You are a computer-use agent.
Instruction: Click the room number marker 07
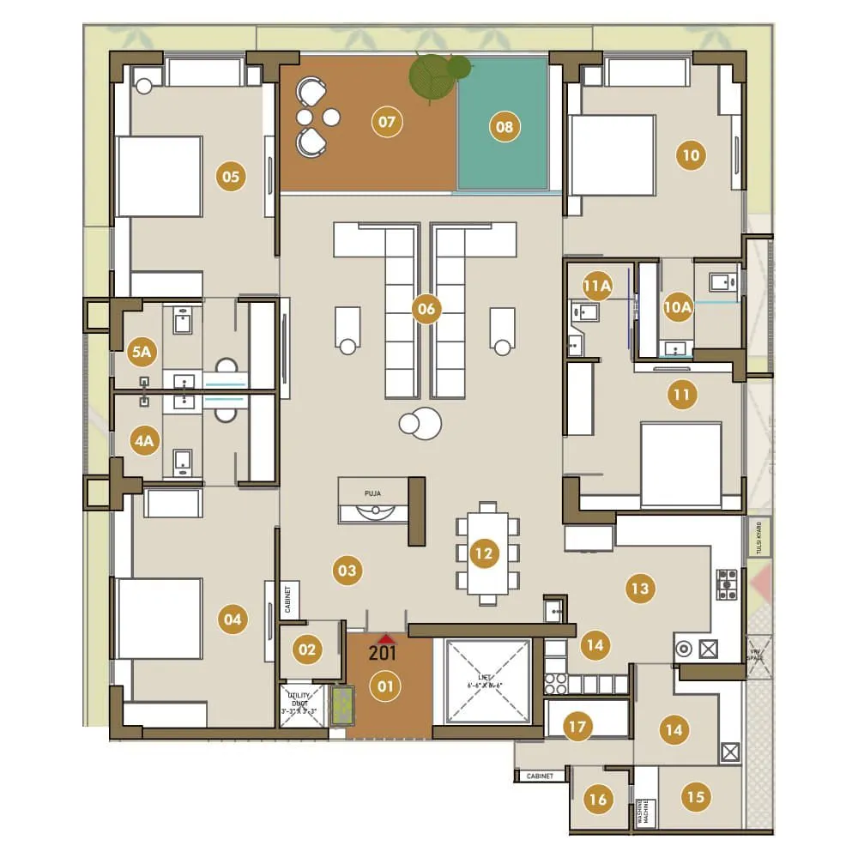pos(387,122)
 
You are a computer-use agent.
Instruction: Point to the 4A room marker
pos(143,441)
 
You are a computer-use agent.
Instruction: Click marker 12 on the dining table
pos(484,553)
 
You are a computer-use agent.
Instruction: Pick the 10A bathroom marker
pos(677,306)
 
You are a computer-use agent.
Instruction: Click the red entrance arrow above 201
pos(386,638)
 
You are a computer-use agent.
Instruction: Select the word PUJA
pos(372,494)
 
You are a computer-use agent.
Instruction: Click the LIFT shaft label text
pos(487,660)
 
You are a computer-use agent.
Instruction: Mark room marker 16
pos(598,800)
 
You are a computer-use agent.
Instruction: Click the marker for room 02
pos(306,650)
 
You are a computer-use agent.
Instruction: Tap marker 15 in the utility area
pos(696,797)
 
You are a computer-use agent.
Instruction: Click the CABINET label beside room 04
pos(290,600)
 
